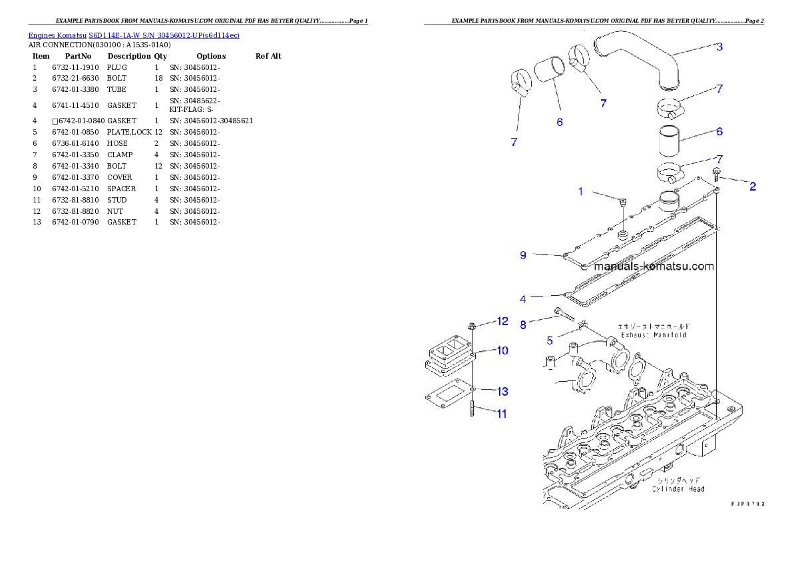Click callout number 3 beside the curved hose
tap(719, 47)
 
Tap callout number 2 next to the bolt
tap(753, 187)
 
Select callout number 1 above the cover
tap(580, 192)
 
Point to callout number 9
tap(523, 255)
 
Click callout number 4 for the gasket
tap(523, 299)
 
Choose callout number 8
tap(523, 324)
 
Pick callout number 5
tap(550, 340)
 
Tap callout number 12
tap(502, 321)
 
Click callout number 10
tap(502, 350)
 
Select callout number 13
tap(502, 391)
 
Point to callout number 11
tap(502, 414)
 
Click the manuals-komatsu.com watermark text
tap(654, 267)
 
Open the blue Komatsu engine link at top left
tap(134, 35)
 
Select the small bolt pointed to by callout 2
tap(716, 175)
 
